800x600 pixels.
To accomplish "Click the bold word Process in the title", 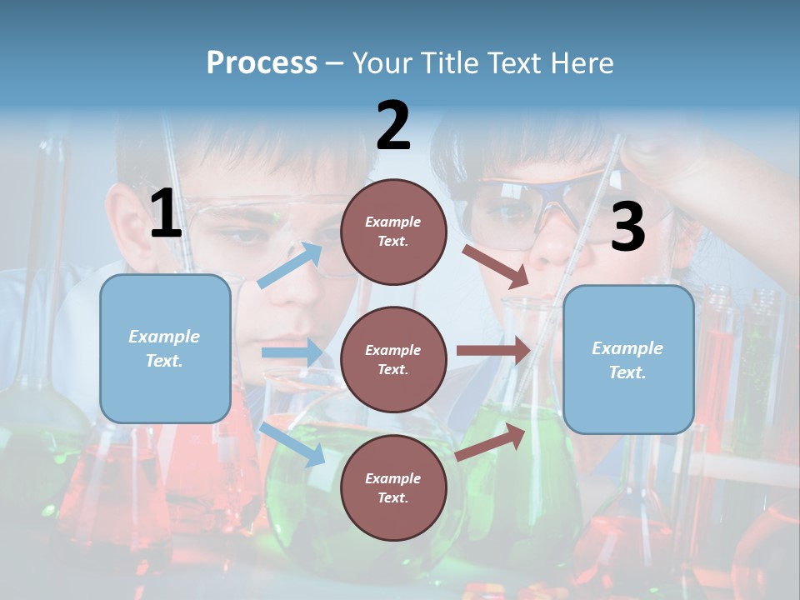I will pyautogui.click(x=262, y=63).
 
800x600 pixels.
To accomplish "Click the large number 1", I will pyautogui.click(x=166, y=214).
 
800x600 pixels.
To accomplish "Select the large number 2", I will pyautogui.click(x=393, y=126).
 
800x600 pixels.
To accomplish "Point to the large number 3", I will pyautogui.click(x=627, y=227).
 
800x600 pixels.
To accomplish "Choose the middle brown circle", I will pyautogui.click(x=393, y=359).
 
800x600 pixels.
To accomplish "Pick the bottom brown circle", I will pyautogui.click(x=393, y=487).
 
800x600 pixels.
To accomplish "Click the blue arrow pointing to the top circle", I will pyautogui.click(x=291, y=266).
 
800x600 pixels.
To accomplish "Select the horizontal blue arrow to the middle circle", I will pyautogui.click(x=292, y=352).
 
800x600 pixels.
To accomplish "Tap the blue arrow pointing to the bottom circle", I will pyautogui.click(x=292, y=444).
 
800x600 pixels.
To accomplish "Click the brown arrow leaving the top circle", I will pyautogui.click(x=495, y=266).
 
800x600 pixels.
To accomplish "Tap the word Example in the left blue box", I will pyautogui.click(x=164, y=337).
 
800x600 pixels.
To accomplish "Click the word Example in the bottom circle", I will pyautogui.click(x=392, y=478).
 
